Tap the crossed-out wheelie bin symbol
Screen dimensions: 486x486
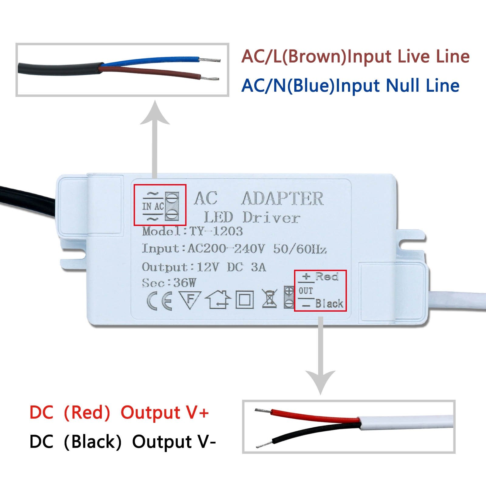pos(269,299)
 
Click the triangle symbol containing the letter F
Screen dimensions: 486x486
pos(190,300)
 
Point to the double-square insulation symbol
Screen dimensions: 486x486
pos(245,300)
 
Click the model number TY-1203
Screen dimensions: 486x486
pos(216,231)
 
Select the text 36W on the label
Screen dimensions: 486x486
pos(185,283)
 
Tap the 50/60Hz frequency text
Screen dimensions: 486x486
pos(300,249)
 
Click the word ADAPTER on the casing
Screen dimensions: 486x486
pos(282,199)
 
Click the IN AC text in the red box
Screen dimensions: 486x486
pos(153,207)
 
